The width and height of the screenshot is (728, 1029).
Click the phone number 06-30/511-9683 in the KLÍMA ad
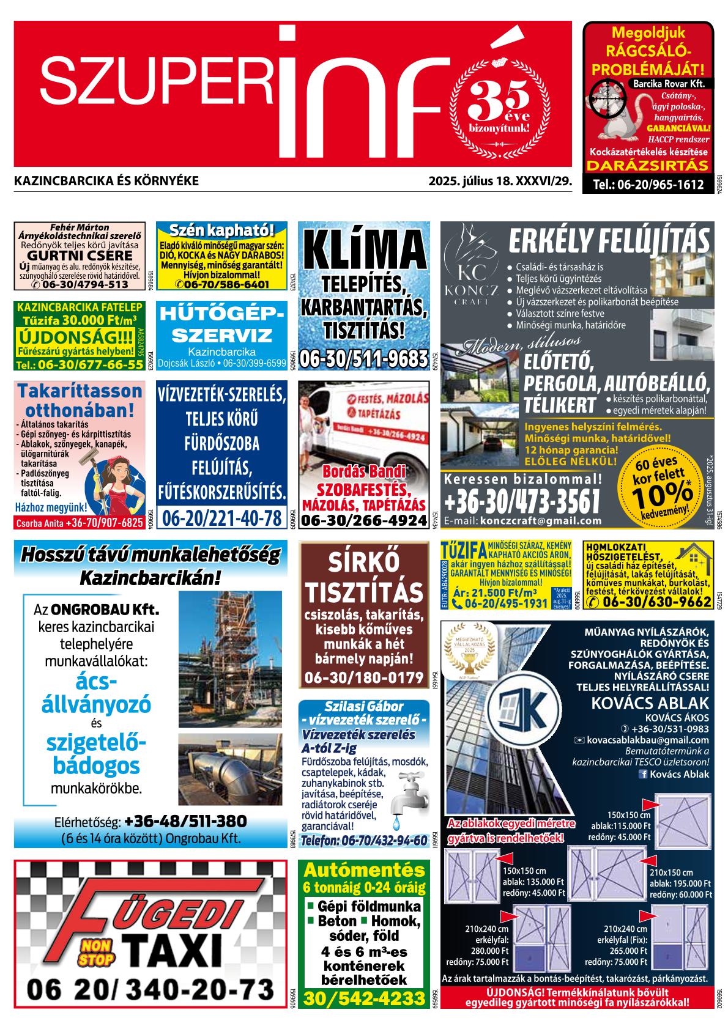pyautogui.click(x=363, y=358)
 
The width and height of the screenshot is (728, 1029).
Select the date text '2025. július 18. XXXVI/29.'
pyautogui.click(x=499, y=181)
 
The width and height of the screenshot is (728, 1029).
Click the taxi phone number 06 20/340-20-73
pyautogui.click(x=150, y=989)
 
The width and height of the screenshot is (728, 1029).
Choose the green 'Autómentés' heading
pyautogui.click(x=364, y=869)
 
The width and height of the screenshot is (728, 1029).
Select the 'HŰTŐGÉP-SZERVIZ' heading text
pyautogui.click(x=221, y=324)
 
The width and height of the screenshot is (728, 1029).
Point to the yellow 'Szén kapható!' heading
pyautogui.click(x=221, y=231)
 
